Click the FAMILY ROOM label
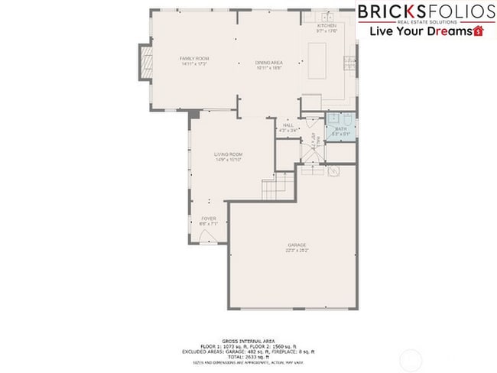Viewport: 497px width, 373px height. tap(194, 58)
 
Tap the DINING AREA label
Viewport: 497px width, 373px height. tap(269, 63)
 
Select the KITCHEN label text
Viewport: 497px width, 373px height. tap(326, 26)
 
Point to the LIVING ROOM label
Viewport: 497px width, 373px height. tap(228, 154)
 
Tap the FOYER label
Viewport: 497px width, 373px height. tap(209, 219)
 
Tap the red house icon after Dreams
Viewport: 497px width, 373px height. tap(479, 32)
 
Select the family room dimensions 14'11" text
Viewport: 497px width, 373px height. tap(194, 63)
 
